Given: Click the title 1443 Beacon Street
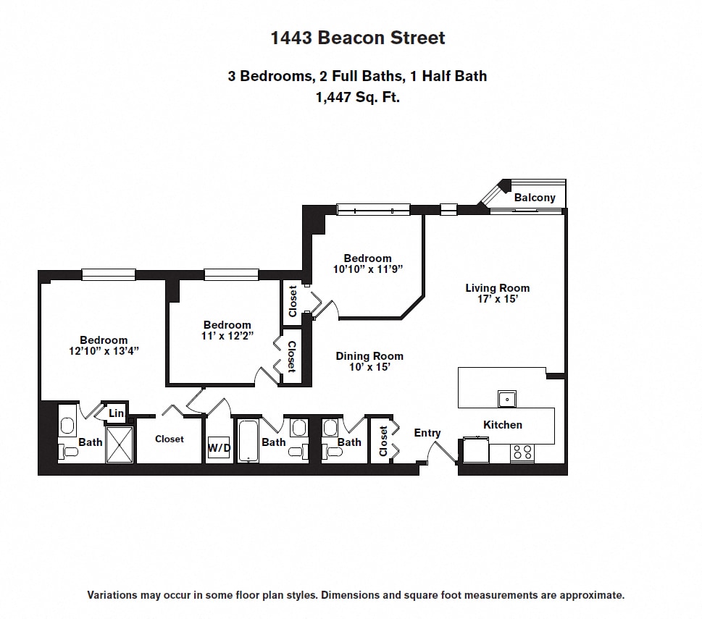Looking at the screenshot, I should tap(358, 38).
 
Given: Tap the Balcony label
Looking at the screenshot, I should tap(535, 198).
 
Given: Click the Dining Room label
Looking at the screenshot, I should tap(369, 355).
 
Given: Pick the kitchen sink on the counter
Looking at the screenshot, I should tap(507, 398).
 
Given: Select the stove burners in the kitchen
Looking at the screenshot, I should tap(522, 452).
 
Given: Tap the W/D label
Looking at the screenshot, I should tap(219, 448).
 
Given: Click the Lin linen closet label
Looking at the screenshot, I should tap(116, 413).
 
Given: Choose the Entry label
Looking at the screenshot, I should tap(427, 433).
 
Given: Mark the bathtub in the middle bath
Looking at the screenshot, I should tap(248, 441).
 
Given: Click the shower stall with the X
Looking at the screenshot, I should tap(120, 444).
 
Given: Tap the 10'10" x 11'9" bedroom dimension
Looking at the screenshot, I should tap(367, 269).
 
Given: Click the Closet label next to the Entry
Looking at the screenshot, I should tap(383, 441).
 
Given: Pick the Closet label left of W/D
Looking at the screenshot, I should tap(170, 439).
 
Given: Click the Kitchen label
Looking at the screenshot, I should tap(502, 424).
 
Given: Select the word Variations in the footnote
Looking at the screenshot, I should tap(113, 595).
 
